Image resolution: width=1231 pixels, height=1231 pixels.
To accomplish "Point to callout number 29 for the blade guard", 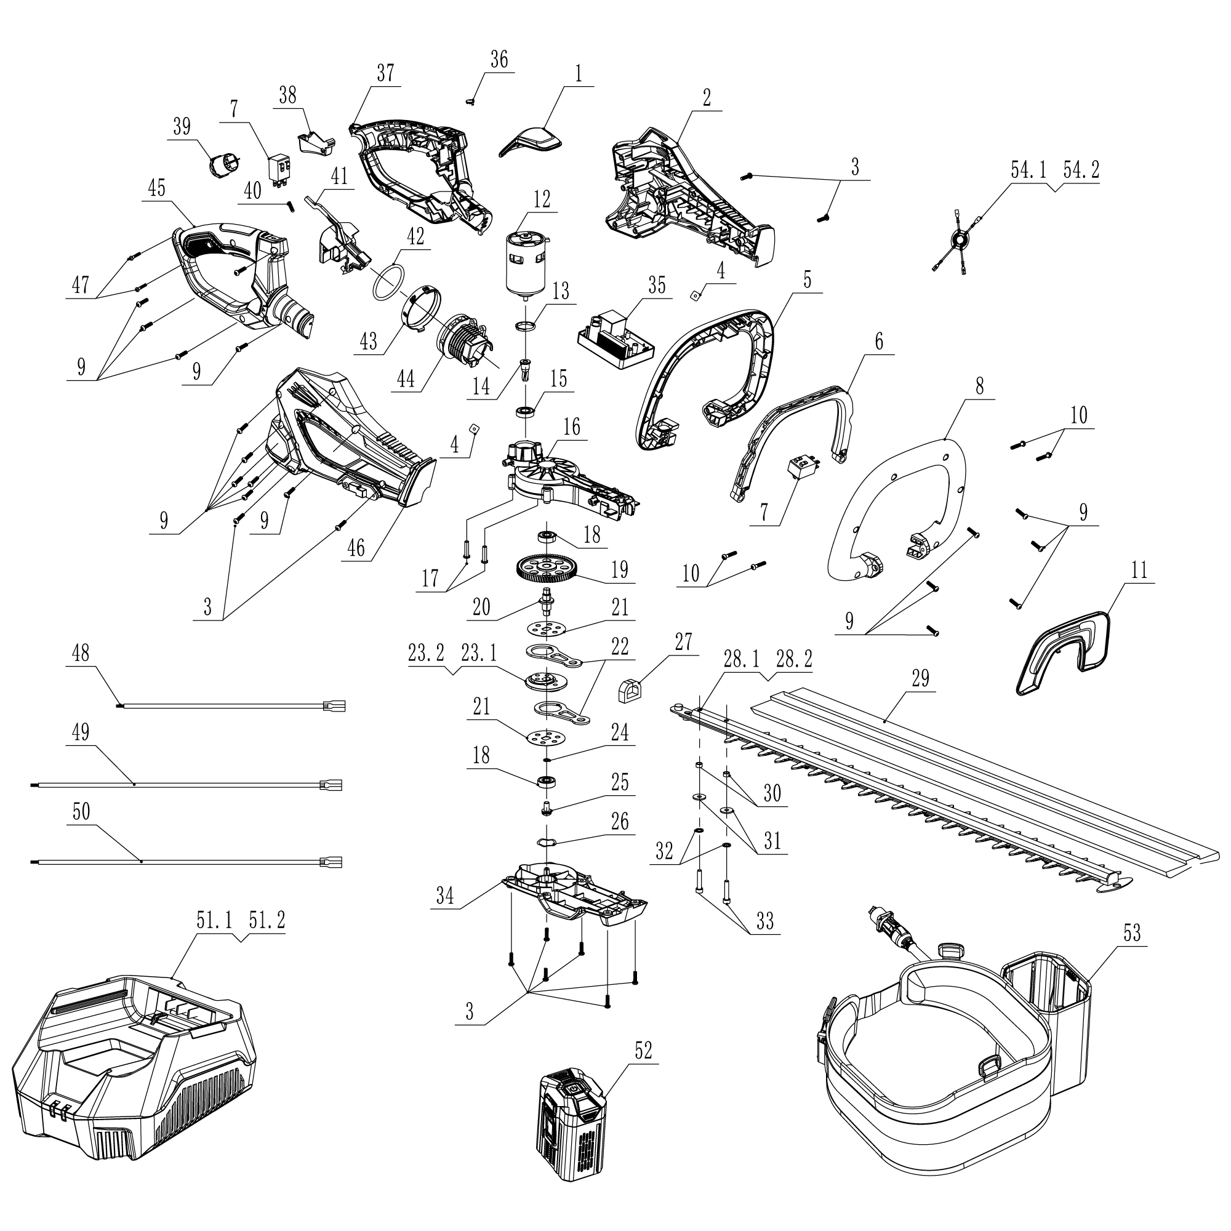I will pos(920,678).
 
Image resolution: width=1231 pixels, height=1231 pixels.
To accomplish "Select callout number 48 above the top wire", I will pos(81,653).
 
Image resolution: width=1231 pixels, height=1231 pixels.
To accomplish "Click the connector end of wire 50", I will pos(334,862).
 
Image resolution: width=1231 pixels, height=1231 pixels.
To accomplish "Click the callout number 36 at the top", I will pos(499,59).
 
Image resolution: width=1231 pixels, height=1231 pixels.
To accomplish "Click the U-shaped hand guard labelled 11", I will pos(1062,651).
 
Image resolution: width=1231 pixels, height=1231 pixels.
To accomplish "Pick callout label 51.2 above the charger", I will pos(267,920).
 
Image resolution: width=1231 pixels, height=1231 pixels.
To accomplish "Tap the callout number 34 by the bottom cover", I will pos(445,896).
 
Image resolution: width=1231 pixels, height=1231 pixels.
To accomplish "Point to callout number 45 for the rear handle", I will pos(156,188).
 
